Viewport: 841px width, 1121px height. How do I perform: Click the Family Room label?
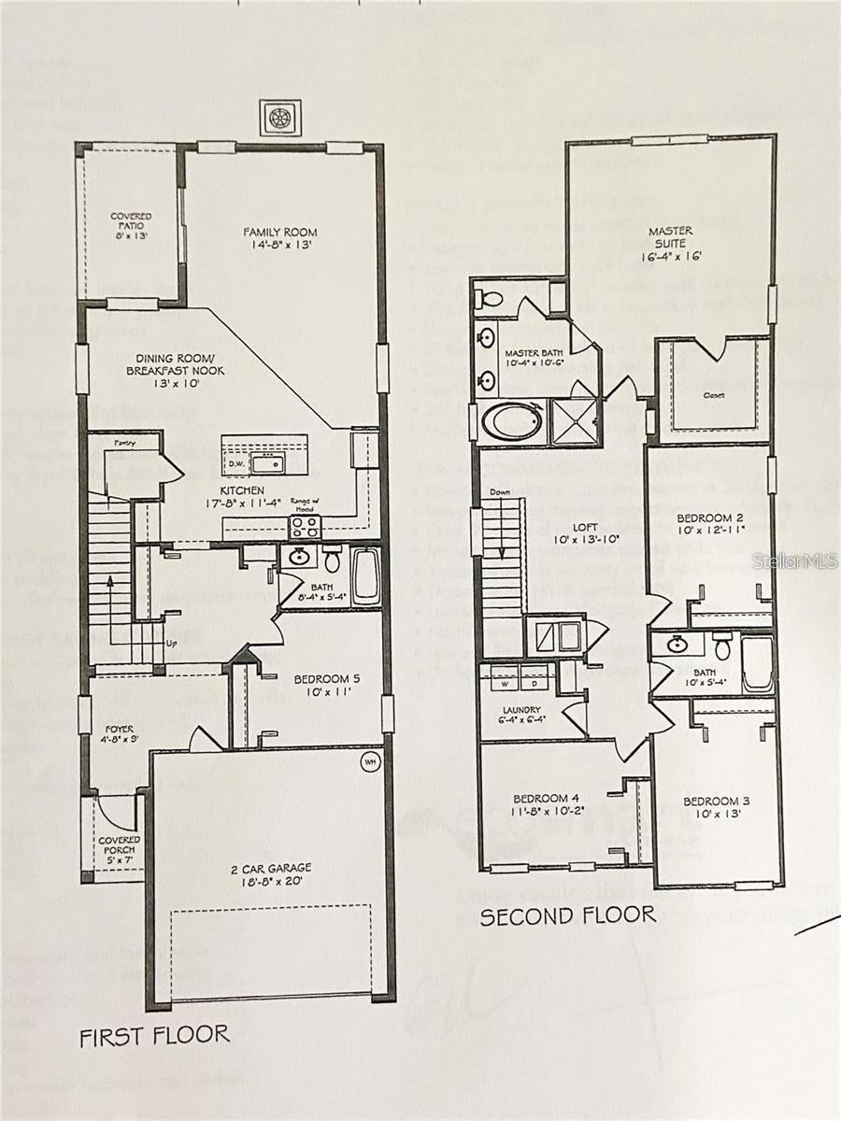coord(279,238)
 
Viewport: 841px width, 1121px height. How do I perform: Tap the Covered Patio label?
coord(131,225)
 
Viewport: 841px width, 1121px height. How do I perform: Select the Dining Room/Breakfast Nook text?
coord(180,364)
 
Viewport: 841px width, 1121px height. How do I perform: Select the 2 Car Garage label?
coord(271,874)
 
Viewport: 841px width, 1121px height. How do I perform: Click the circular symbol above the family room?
coord(279,118)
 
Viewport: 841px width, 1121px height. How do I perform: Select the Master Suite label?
coord(670,242)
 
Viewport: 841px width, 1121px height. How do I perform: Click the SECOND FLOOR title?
coord(567,915)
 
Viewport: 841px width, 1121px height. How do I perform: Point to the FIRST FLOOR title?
coord(154,1035)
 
